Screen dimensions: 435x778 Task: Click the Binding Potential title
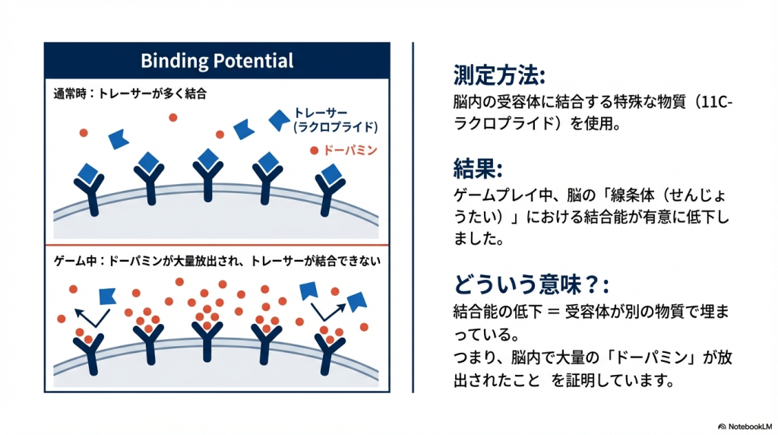pos(217,61)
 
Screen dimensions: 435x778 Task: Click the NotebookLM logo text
pos(748,426)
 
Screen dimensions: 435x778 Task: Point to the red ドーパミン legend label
pos(350,151)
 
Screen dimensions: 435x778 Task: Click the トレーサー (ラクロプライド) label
pos(335,120)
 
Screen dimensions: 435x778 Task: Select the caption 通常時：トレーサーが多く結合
pos(131,95)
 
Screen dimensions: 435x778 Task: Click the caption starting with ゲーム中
pos(217,261)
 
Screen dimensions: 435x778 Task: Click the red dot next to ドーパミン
pos(314,151)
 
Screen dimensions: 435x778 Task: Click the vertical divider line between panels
pos(413,217)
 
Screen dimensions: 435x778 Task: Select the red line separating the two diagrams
pos(217,246)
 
